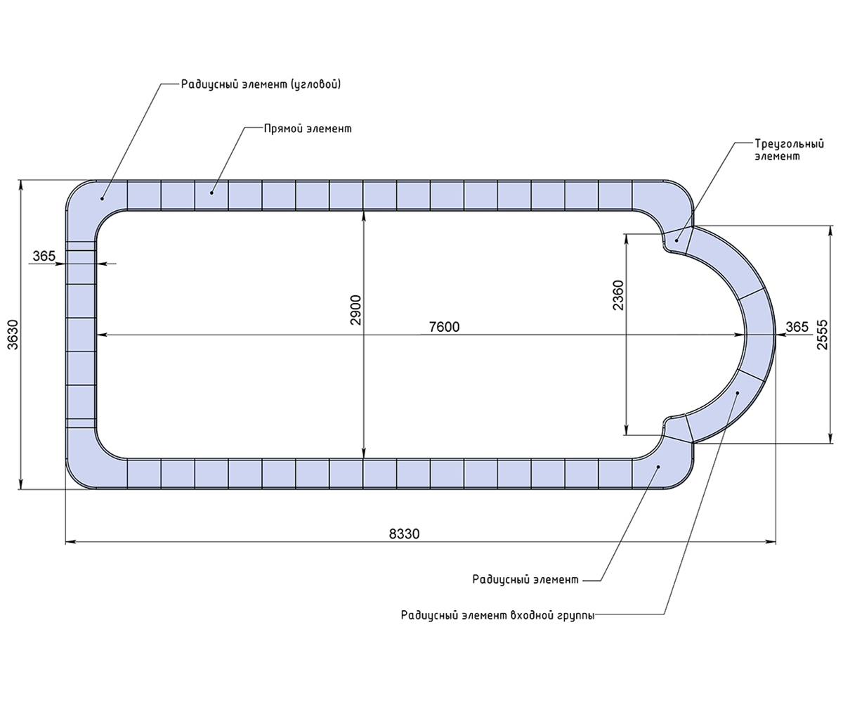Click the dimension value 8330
(404, 534)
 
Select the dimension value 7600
(444, 326)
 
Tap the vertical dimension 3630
(13, 335)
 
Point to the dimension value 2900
(355, 310)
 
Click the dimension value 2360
(618, 295)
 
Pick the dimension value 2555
(822, 335)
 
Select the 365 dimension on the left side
(44, 256)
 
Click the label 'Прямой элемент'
(308, 129)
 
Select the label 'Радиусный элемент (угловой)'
(261, 84)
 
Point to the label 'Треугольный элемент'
(790, 150)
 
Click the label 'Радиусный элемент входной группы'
(497, 615)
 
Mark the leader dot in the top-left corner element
(102, 198)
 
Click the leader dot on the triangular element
(677, 240)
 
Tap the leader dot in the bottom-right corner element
(658, 467)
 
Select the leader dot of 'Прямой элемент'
(211, 193)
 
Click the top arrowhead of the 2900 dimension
(364, 215)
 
